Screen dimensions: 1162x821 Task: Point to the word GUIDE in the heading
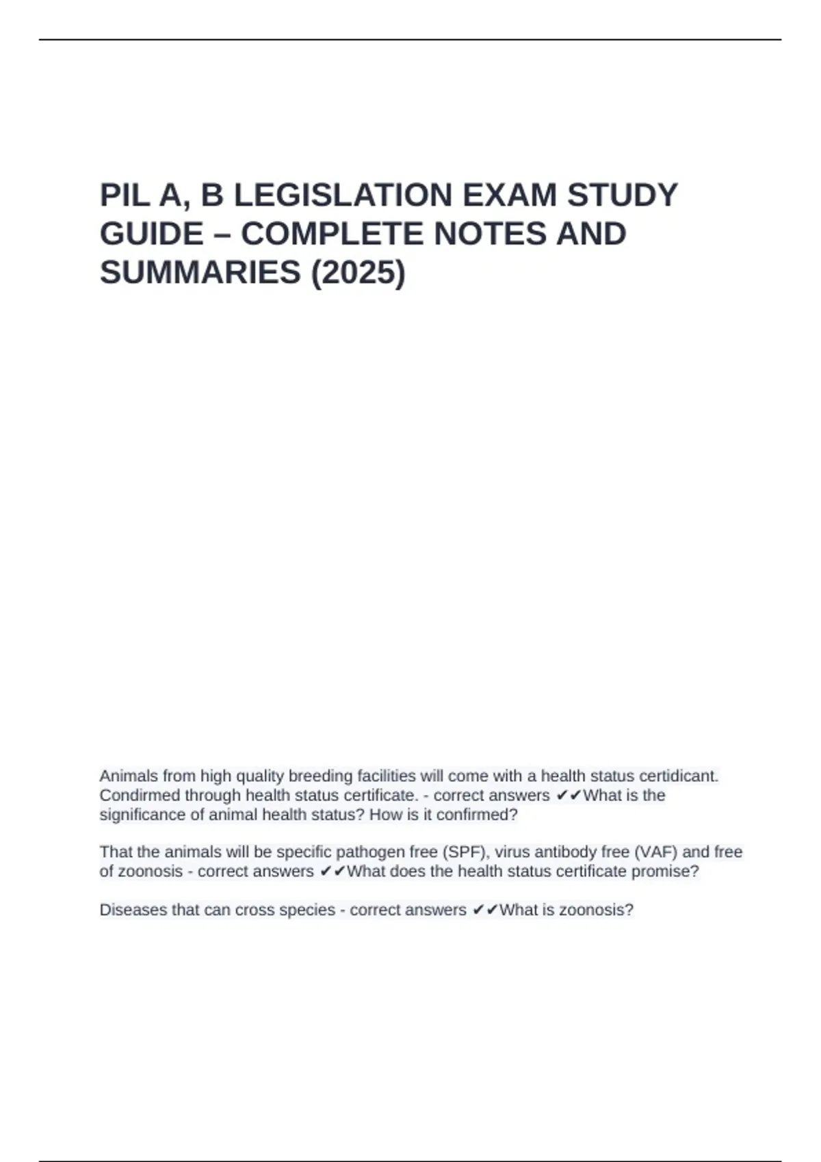(x=151, y=234)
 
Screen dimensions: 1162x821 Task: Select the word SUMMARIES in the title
(x=200, y=273)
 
